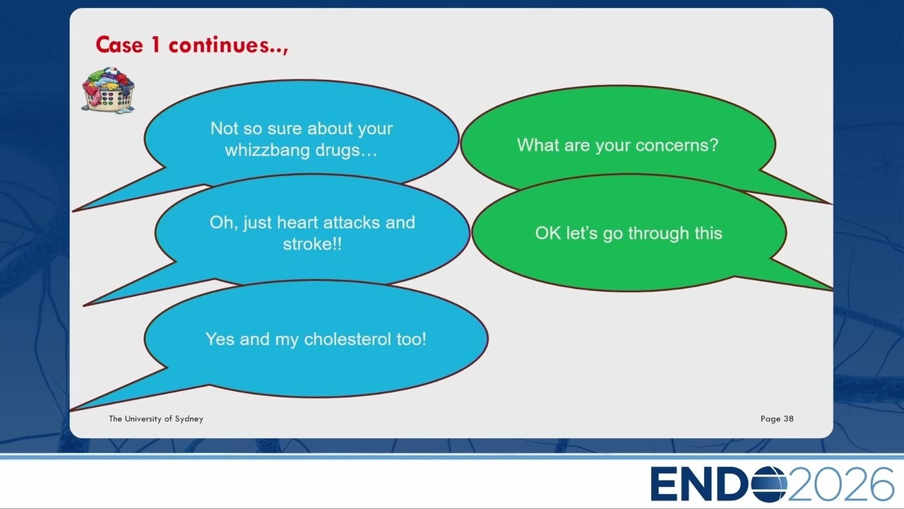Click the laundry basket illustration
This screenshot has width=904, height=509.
pyautogui.click(x=108, y=90)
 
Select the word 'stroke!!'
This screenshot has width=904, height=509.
pyautogui.click(x=312, y=244)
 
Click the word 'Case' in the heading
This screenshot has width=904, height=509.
pyautogui.click(x=119, y=45)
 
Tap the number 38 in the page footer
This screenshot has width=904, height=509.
pyautogui.click(x=789, y=419)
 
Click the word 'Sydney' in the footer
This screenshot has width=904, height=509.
pyautogui.click(x=189, y=419)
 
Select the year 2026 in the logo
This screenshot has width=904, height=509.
pyautogui.click(x=840, y=484)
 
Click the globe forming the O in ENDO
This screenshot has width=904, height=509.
pyautogui.click(x=769, y=484)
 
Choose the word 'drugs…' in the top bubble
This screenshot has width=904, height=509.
pyautogui.click(x=346, y=151)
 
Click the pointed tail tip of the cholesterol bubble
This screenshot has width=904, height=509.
pyautogui.click(x=71, y=411)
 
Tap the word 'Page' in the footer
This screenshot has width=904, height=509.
pyautogui.click(x=771, y=419)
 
